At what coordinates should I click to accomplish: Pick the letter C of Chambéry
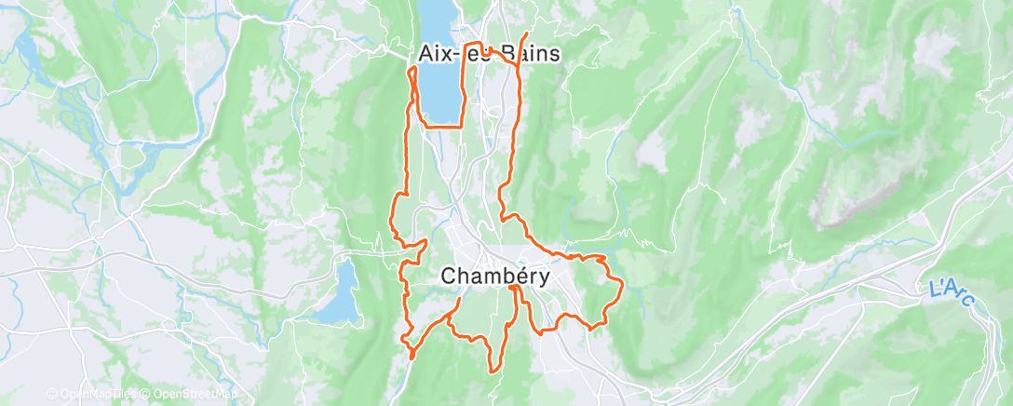point(448,277)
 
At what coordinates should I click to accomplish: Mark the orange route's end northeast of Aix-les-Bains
point(528,35)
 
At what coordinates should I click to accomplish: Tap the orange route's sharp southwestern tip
point(412,355)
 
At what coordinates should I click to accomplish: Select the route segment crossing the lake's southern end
point(442,125)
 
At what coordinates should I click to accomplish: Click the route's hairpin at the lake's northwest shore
point(412,69)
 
